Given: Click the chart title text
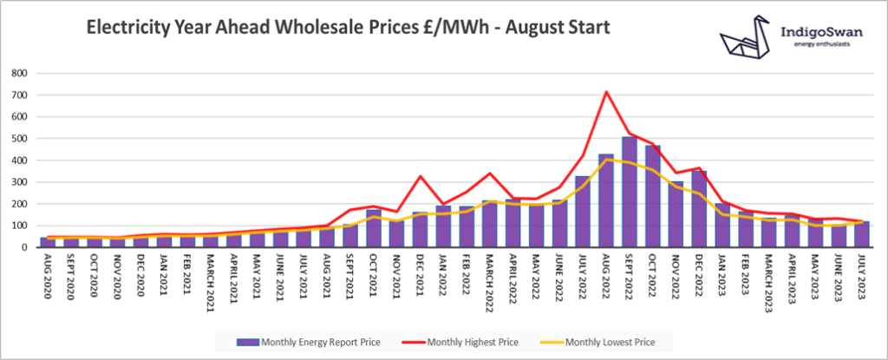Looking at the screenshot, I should pyautogui.click(x=347, y=29).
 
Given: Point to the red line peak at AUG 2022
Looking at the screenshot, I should pyautogui.click(x=607, y=91).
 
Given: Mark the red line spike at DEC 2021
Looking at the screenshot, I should pyautogui.click(x=421, y=176).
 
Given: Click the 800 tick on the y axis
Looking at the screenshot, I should pyautogui.click(x=19, y=73).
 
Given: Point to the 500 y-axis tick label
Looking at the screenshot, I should pyautogui.click(x=19, y=139).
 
